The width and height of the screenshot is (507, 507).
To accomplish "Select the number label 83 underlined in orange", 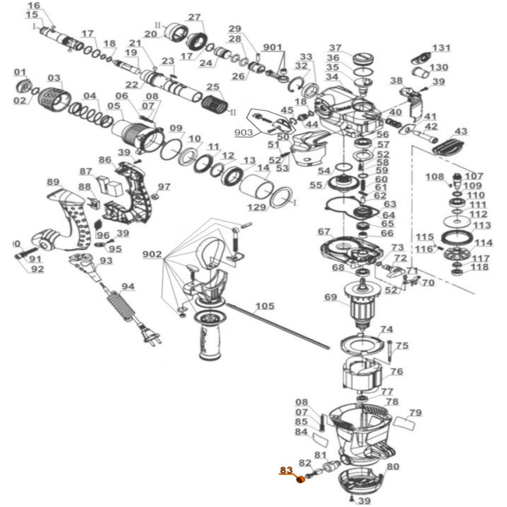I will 286,470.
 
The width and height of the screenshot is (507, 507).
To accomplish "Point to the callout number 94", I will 128,287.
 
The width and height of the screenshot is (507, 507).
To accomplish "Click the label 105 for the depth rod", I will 265,306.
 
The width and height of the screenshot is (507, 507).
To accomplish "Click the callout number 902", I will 152,254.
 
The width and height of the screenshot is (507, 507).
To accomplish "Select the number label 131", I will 441,48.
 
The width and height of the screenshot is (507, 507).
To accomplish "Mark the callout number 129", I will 257,207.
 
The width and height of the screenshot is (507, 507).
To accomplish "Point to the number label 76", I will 396,372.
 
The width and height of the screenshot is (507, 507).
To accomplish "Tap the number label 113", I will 482,225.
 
